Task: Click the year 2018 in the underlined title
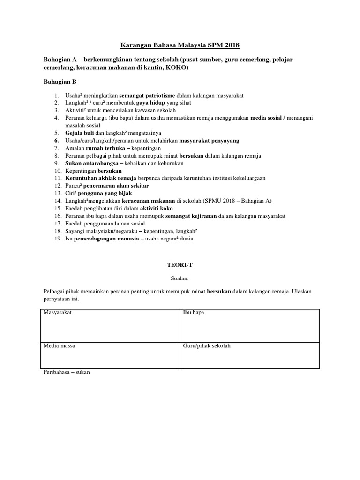click(231, 45)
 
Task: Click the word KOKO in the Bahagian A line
click(176, 68)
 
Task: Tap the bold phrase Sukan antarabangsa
click(91, 163)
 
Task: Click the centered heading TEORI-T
click(180, 265)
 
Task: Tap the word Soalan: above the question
click(180, 278)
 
